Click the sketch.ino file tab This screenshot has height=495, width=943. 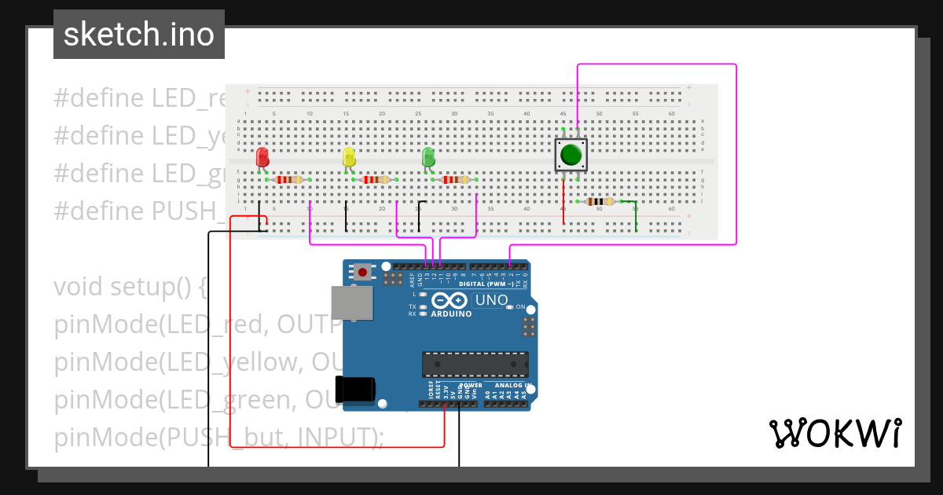click(x=139, y=35)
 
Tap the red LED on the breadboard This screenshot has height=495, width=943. click(x=262, y=157)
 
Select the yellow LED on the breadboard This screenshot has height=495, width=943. click(x=349, y=157)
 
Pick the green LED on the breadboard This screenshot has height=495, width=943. click(x=428, y=157)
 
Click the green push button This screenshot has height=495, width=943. click(x=571, y=154)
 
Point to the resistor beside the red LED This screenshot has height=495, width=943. click(x=288, y=180)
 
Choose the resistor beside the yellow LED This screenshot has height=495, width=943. click(x=375, y=180)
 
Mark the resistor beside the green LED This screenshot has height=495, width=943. click(x=455, y=180)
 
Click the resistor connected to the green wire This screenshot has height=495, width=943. click(x=600, y=201)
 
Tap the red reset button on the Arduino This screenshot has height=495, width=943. click(x=362, y=273)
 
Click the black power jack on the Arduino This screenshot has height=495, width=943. click(x=356, y=390)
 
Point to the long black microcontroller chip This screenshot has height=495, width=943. click(x=475, y=365)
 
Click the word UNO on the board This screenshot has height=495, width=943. click(x=494, y=300)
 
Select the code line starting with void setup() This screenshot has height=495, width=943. click(x=130, y=287)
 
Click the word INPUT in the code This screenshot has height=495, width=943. click(x=339, y=438)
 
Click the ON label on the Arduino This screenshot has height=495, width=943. click(x=520, y=307)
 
